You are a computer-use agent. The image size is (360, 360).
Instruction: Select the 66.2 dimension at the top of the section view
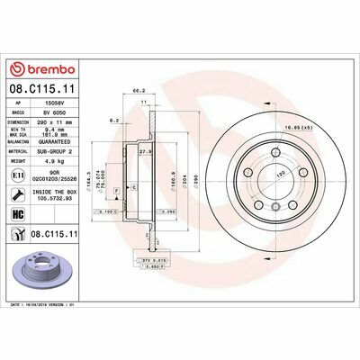[139, 91]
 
